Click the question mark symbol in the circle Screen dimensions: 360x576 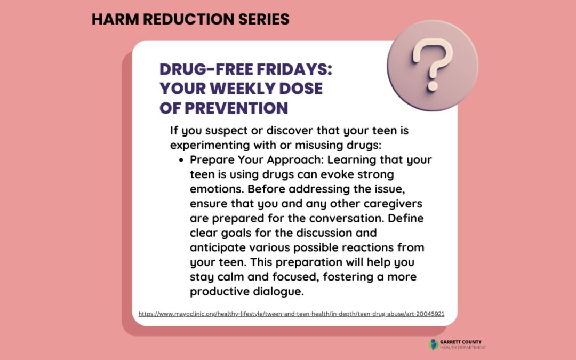click(433, 65)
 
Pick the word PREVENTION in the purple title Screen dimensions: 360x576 click(236, 108)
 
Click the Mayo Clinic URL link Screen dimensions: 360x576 click(291, 314)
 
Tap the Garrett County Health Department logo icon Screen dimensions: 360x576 click(433, 345)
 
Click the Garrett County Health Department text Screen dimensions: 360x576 click(463, 345)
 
